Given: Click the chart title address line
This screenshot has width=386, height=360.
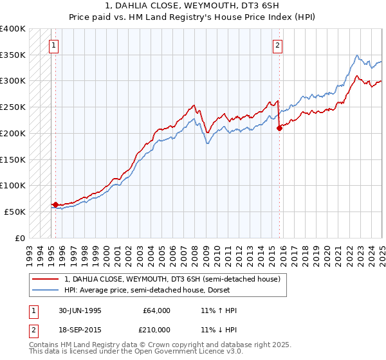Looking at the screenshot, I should point(193,7).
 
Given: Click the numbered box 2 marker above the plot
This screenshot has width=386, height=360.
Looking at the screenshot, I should point(277,45).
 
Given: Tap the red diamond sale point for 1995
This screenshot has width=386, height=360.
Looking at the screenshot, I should point(56,204).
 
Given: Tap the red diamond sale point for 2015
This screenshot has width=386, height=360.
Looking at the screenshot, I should point(279,128).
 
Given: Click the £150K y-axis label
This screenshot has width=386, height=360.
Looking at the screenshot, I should point(13,159).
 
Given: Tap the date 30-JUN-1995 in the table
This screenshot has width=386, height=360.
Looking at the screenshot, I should point(80,310).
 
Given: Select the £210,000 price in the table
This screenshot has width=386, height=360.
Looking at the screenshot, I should point(157,330).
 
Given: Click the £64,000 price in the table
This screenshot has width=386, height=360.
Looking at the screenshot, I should point(157,310).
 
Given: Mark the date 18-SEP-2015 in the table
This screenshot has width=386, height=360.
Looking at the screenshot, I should point(80,330).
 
